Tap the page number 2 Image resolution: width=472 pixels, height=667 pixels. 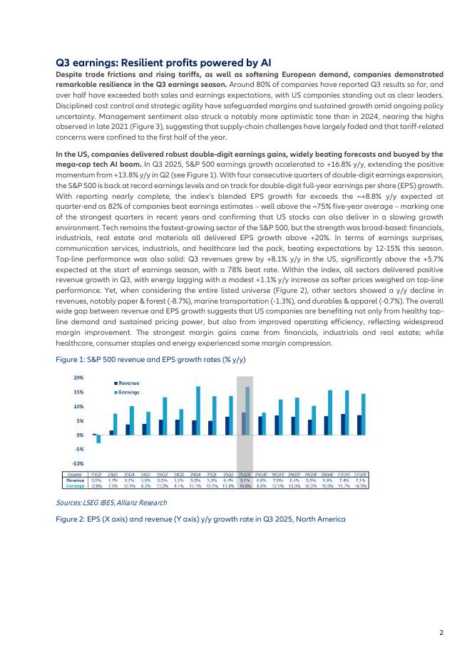pyautogui.click(x=441, y=632)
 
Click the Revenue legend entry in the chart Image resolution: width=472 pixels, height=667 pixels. pyautogui.click(x=129, y=383)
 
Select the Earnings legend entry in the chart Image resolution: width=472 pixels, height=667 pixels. pyautogui.click(x=129, y=392)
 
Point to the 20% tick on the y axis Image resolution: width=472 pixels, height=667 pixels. pyautogui.click(x=78, y=377)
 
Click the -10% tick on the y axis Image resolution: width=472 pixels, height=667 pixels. pyautogui.click(x=78, y=463)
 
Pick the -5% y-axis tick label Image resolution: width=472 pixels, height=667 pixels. pyautogui.click(x=78, y=449)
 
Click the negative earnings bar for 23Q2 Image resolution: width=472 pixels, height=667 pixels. pyautogui.click(x=98, y=439)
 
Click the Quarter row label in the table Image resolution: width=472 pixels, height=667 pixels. pyautogui.click(x=74, y=474)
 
